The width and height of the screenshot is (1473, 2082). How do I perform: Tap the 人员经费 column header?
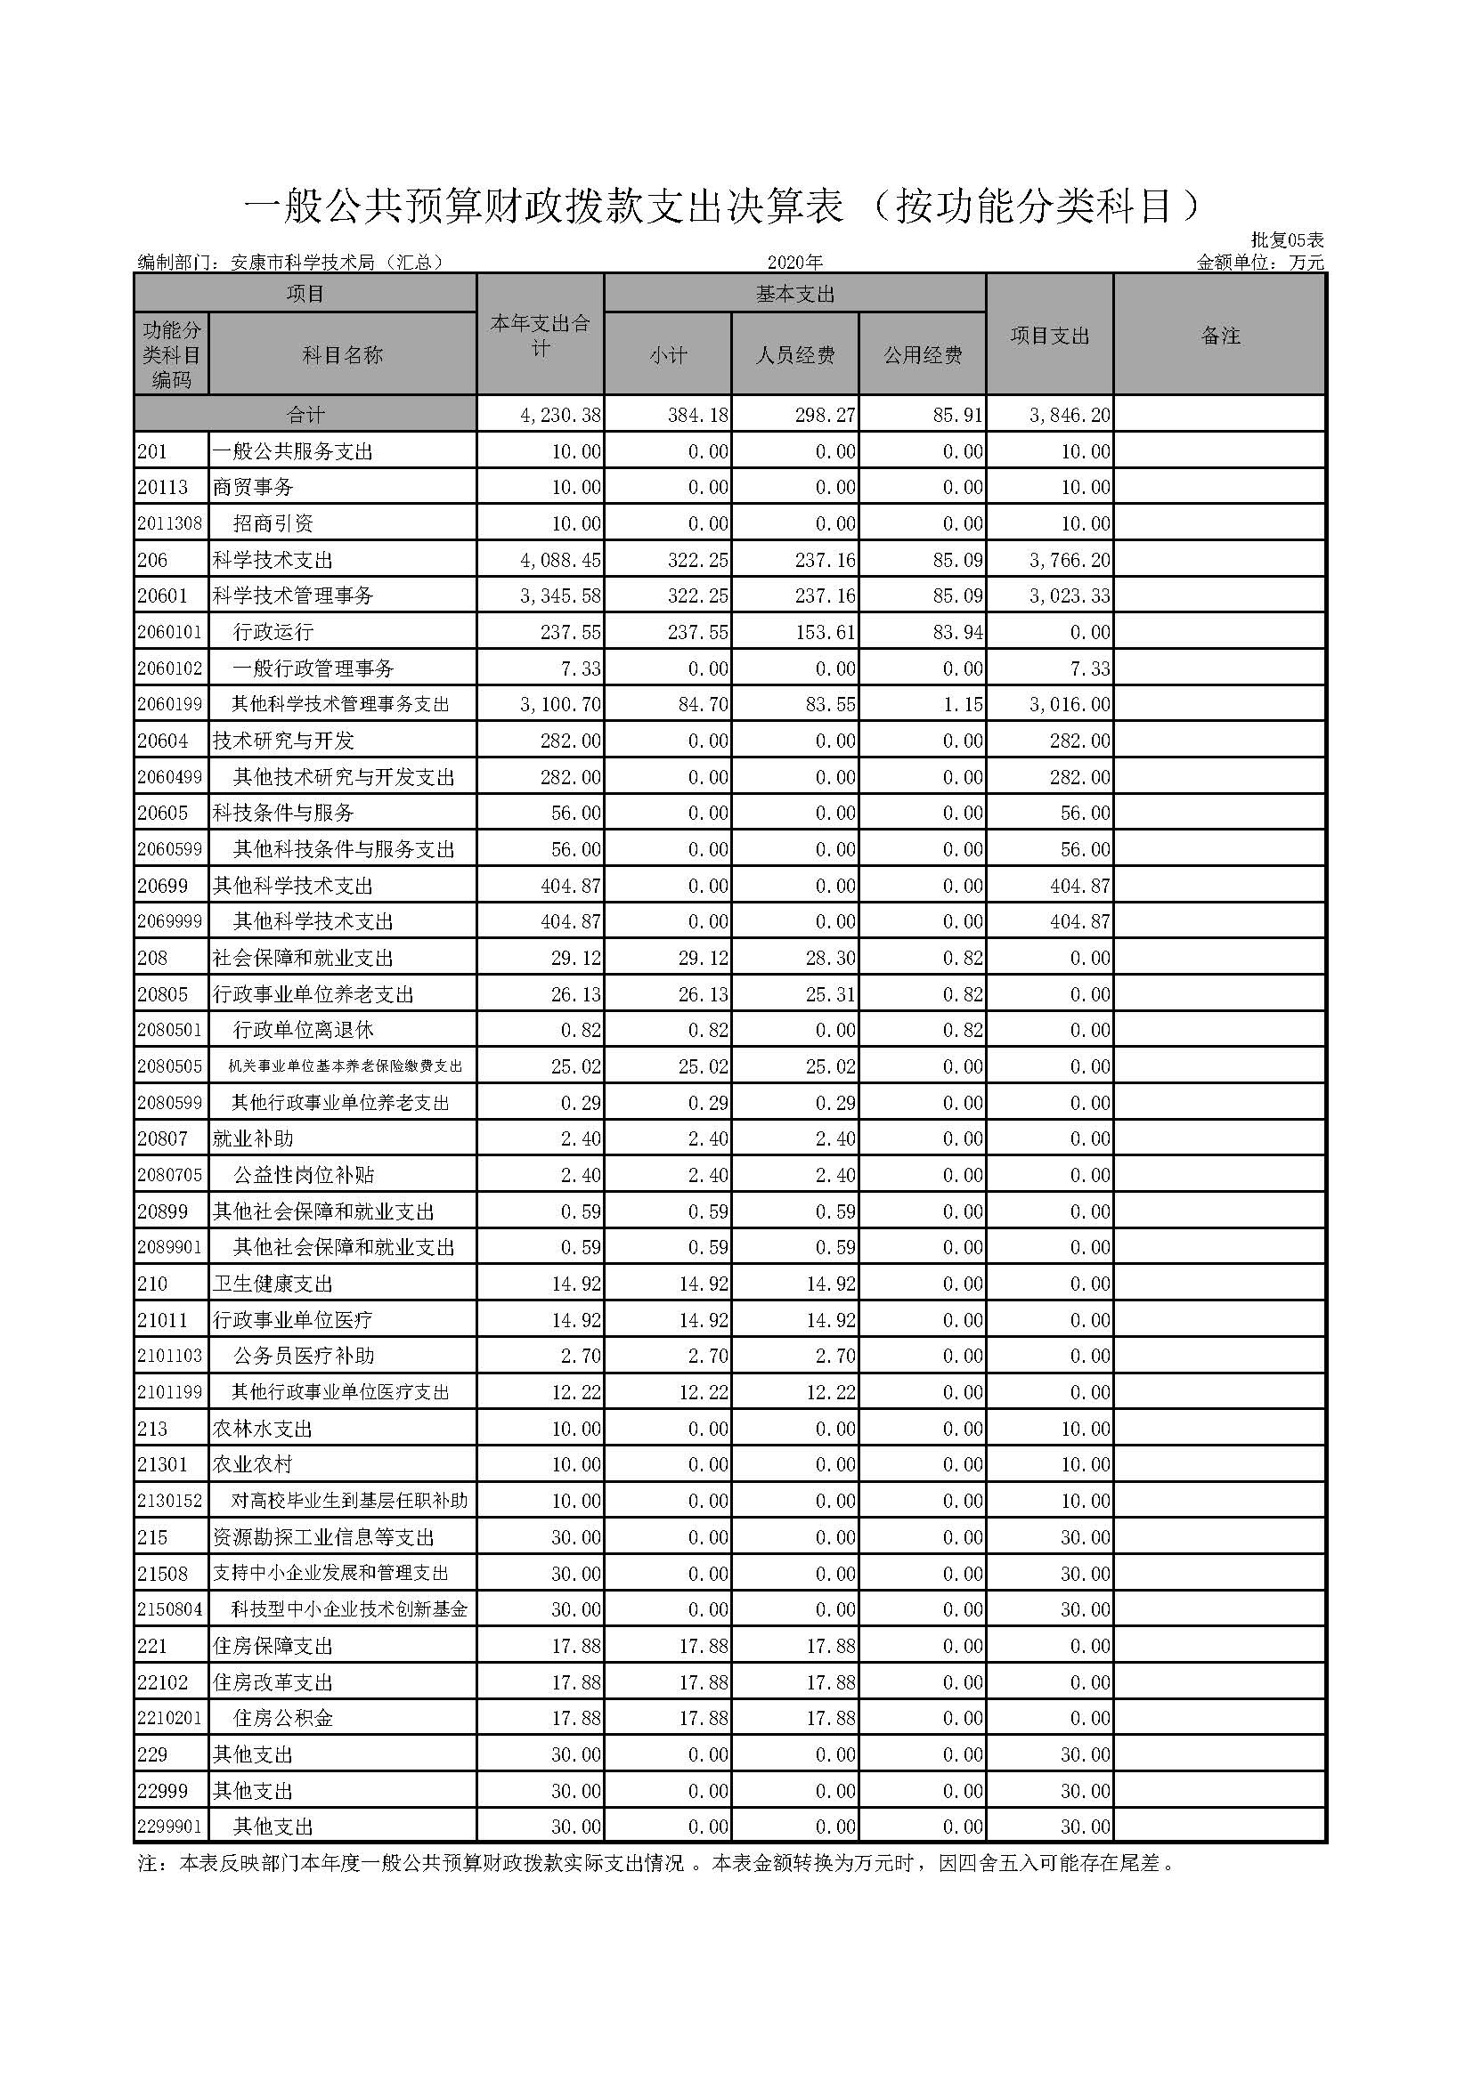click(794, 355)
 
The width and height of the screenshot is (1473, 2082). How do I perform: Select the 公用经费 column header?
click(923, 355)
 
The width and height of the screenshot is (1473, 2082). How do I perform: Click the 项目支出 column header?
click(1049, 336)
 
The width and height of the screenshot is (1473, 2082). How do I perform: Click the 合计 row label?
click(305, 416)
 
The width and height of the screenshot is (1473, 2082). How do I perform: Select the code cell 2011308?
click(169, 523)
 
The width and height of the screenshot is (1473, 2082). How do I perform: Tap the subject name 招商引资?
click(273, 523)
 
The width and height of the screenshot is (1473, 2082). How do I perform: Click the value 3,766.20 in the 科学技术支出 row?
click(1070, 561)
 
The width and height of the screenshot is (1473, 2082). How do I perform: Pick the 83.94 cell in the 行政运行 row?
click(958, 632)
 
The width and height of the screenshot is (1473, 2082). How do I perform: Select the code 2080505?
click(169, 1066)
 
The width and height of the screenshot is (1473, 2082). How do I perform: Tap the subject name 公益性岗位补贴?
click(303, 1175)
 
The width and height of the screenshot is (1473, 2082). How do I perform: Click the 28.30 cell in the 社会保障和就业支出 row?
click(831, 958)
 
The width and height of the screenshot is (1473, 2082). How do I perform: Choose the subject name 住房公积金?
click(283, 1717)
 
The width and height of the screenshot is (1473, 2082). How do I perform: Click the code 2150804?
click(169, 1609)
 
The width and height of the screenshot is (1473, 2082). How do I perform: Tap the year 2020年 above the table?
click(794, 263)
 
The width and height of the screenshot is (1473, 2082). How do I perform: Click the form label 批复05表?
click(1287, 240)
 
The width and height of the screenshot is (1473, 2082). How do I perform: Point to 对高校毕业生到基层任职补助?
click(349, 1501)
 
